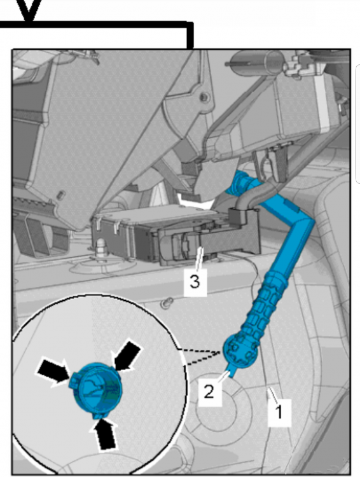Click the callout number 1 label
tap(279, 413)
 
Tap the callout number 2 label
tap(210, 392)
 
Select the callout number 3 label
tap(195, 282)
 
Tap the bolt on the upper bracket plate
tap(204, 97)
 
